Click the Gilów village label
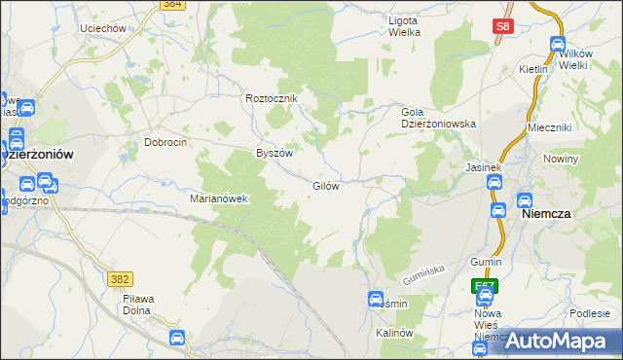[325, 186]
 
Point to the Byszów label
[274, 153]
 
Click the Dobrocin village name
[165, 142]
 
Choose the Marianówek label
[220, 198]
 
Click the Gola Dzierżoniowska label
[438, 118]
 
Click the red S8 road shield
[502, 28]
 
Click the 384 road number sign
[171, 4]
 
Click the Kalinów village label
[395, 333]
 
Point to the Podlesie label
[590, 312]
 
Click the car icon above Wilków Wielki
[558, 44]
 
